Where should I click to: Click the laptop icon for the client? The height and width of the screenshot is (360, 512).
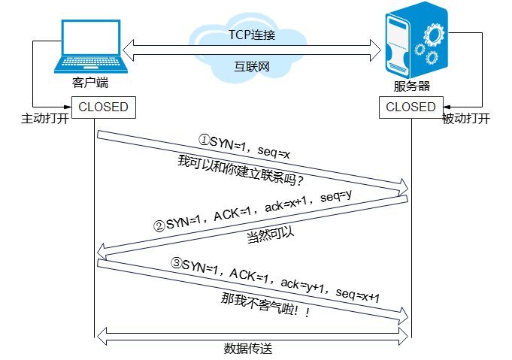point(89,47)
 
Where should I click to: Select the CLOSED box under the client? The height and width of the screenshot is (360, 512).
point(103,107)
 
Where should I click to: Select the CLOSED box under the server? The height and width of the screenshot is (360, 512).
point(411,107)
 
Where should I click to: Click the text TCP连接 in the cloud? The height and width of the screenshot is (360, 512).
point(253,35)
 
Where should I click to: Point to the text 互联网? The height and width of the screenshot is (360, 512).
point(252,66)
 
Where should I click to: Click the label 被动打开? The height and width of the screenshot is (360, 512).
point(466,119)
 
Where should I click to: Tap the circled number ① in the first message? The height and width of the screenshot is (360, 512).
point(203,141)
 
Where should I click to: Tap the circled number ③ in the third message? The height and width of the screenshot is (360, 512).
point(176,264)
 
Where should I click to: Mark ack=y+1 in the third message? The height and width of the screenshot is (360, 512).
point(305,286)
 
